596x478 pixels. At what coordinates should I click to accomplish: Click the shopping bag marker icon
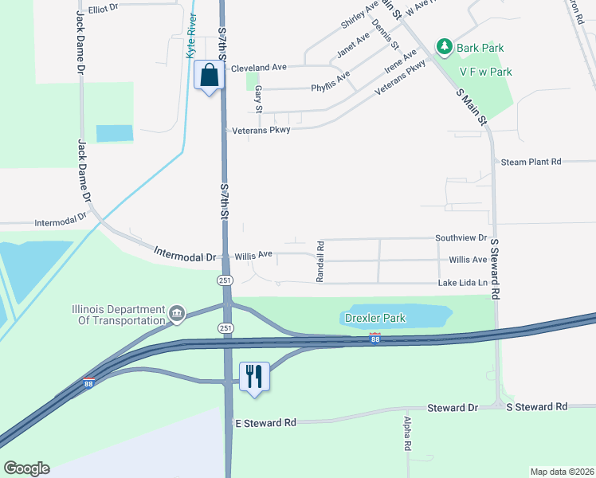[209, 76]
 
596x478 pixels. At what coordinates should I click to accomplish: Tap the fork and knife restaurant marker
[255, 376]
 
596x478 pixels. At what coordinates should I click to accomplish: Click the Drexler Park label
[375, 318]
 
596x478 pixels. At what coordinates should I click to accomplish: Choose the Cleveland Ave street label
[259, 68]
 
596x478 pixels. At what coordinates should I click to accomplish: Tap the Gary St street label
[258, 100]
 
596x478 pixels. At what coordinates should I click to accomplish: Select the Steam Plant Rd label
[531, 162]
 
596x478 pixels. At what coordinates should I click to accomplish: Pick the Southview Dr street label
[461, 238]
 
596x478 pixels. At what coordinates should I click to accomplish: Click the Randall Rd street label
[320, 262]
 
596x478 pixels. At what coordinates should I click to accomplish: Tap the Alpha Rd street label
[406, 434]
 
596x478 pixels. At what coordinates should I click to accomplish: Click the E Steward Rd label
[265, 422]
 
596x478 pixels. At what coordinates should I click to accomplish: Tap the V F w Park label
[485, 72]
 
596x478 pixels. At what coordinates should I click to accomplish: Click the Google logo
[26, 468]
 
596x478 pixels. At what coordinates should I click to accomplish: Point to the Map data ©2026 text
[562, 472]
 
